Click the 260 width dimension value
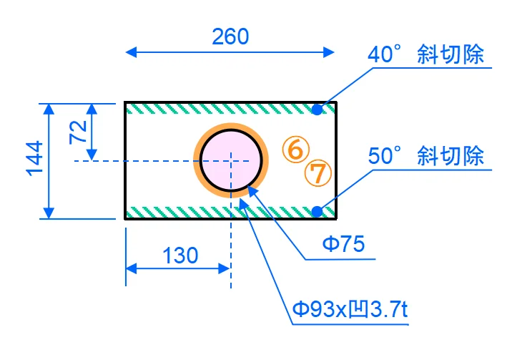tap(230, 36)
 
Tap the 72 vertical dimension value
tap(78, 132)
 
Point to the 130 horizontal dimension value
tap(180, 256)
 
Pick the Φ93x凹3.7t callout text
tap(350, 309)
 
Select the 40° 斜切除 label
tap(426, 55)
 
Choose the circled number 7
tap(318, 172)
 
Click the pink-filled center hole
tap(230, 160)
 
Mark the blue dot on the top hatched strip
tap(317, 109)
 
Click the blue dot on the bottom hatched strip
tap(317, 211)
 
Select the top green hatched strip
tap(215, 109)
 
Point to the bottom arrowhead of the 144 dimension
tap(49, 213)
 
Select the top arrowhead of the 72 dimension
tap(92, 108)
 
